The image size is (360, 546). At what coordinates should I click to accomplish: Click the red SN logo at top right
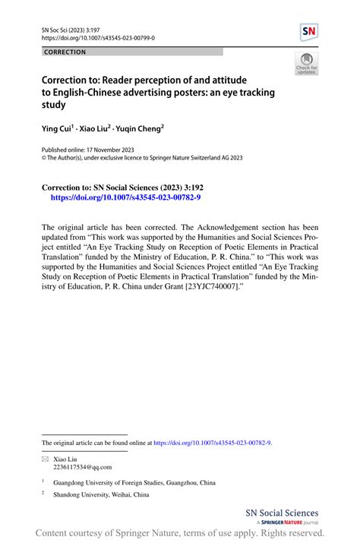(309, 32)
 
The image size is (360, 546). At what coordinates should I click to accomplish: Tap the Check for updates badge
(307, 64)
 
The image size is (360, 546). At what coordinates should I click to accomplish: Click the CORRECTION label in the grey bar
(65, 52)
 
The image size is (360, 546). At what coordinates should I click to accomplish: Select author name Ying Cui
(59, 130)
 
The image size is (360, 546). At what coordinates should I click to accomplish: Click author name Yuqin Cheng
(139, 130)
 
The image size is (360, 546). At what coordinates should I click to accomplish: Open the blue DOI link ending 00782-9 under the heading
(125, 196)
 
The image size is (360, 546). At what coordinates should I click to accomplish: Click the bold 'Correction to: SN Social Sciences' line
(112, 185)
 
